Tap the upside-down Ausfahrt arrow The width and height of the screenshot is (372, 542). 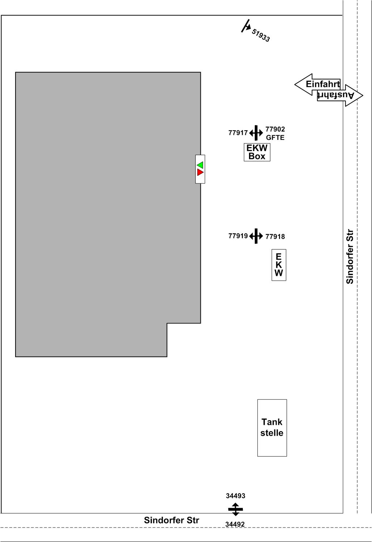(x=340, y=95)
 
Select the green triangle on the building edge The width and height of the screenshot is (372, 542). (x=200, y=165)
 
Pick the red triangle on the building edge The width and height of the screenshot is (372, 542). (x=200, y=172)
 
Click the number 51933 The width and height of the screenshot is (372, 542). (x=261, y=35)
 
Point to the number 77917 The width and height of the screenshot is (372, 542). (x=238, y=133)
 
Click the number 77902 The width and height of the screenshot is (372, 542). (x=275, y=129)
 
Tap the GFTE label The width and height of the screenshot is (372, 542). (x=275, y=137)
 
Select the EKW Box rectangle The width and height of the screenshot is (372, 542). (x=257, y=152)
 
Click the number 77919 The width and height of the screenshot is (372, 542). (x=238, y=236)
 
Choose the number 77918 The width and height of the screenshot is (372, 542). (x=275, y=236)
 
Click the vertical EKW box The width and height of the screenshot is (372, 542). (x=279, y=265)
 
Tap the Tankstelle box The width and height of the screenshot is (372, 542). (x=272, y=428)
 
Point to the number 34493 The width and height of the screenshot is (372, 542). (x=236, y=496)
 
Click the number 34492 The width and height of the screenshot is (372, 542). (x=235, y=524)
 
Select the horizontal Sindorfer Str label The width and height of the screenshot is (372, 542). (x=172, y=520)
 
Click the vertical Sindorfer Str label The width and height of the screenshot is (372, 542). (x=350, y=257)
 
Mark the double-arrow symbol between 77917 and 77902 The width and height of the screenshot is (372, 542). (x=256, y=133)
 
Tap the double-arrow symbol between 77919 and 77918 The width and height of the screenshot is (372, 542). (x=256, y=236)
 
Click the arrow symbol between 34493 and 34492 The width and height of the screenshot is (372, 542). (x=236, y=509)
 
